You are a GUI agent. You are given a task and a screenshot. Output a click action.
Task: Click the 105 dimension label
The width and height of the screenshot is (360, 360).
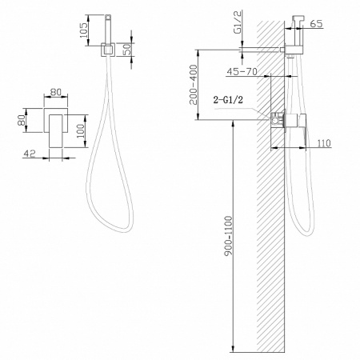[83, 30]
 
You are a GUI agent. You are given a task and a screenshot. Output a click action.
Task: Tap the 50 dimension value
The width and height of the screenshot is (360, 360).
[128, 49]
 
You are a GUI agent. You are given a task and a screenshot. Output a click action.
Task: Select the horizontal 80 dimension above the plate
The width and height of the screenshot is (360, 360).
[56, 92]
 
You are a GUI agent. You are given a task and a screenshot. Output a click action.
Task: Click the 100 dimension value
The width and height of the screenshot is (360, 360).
[80, 130]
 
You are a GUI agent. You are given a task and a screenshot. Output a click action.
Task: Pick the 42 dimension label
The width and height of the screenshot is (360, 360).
[30, 154]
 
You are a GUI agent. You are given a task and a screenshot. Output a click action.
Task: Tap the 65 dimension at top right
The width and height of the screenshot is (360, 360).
[317, 23]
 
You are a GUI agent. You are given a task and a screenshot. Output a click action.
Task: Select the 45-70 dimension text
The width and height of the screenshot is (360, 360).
[242, 71]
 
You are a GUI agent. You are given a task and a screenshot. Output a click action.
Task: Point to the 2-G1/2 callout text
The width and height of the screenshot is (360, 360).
[228, 100]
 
